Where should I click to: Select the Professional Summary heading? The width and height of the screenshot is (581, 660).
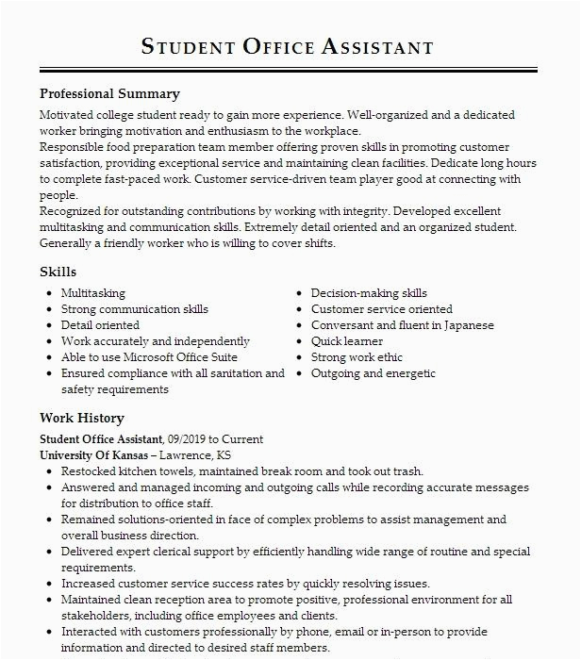pos(109,94)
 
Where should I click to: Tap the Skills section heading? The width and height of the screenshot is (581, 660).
pos(58,272)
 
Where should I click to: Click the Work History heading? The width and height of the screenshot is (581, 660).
pos(82,418)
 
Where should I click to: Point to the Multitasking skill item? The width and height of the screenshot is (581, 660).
pos(92,293)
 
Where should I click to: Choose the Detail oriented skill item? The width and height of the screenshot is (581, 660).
pos(100,325)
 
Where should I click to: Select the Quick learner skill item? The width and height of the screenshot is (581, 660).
pos(347,341)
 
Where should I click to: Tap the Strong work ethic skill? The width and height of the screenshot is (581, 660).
pos(357,357)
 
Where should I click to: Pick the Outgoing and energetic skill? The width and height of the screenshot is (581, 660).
pos(373,373)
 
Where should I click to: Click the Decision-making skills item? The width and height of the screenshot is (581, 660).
pos(369,293)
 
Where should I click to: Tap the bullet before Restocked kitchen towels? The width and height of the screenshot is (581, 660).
pos(47,472)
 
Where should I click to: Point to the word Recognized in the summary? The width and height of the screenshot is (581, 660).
pos(74,211)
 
